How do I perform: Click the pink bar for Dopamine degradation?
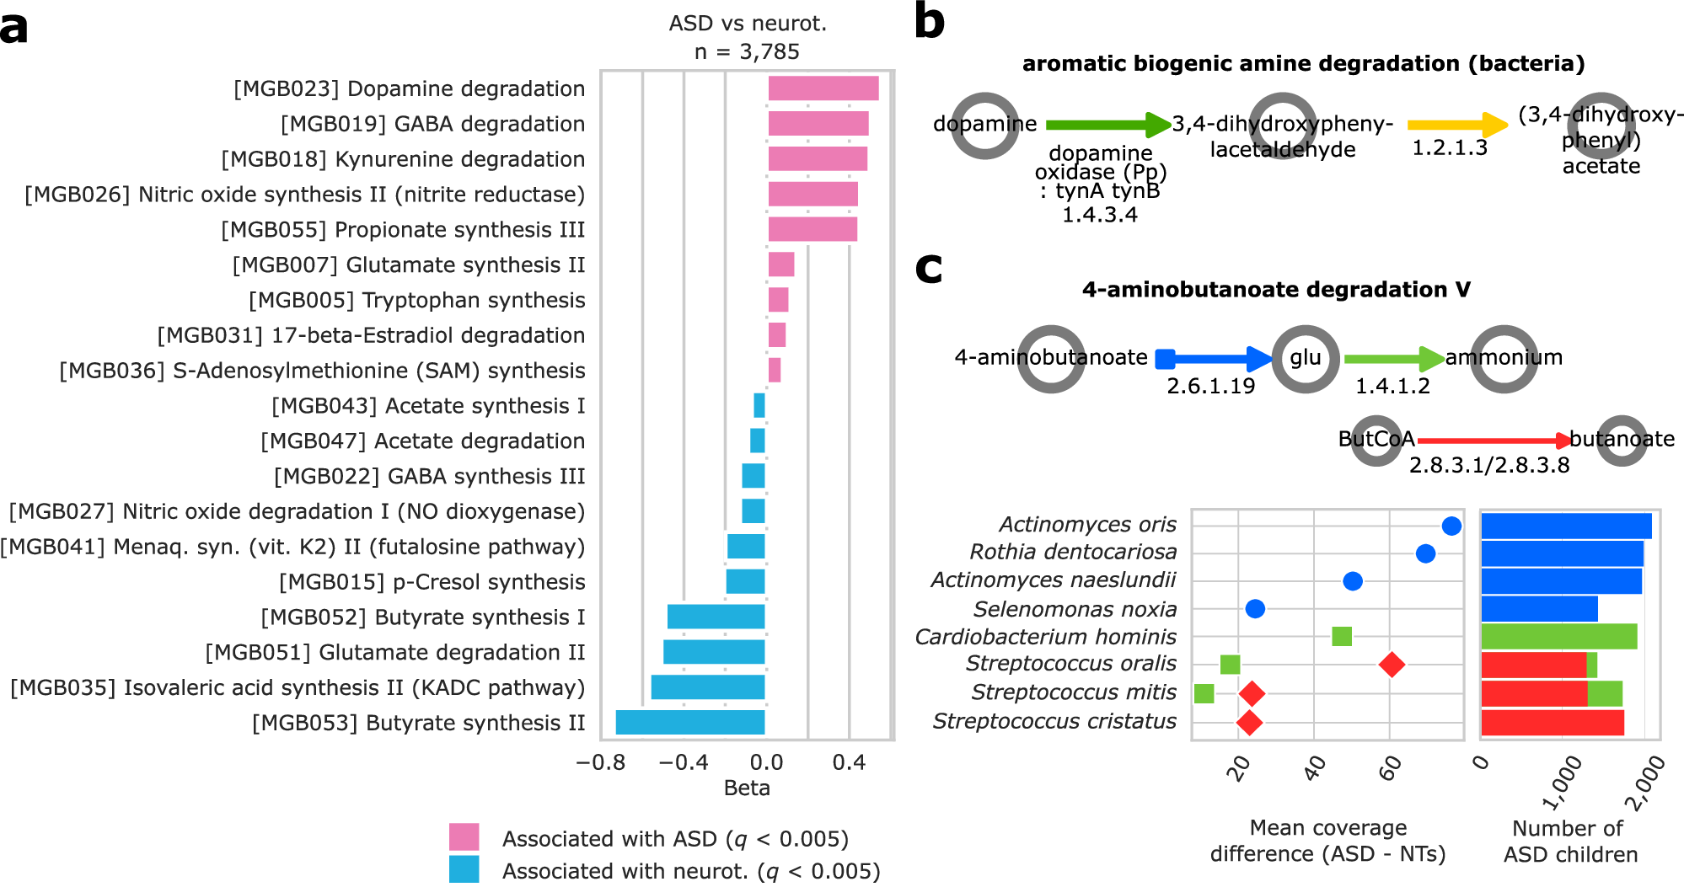click(x=823, y=88)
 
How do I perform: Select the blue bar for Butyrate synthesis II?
click(x=690, y=723)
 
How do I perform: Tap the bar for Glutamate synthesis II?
click(x=780, y=264)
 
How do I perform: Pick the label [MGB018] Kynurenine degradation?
click(x=403, y=159)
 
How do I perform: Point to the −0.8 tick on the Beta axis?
click(x=601, y=763)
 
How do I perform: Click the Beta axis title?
click(x=747, y=788)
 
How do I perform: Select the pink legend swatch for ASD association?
click(x=464, y=837)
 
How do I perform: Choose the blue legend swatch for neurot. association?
click(x=464, y=869)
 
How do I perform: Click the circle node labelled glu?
click(x=1305, y=359)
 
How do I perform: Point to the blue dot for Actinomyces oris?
click(x=1451, y=526)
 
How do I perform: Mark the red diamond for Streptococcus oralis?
click(x=1392, y=665)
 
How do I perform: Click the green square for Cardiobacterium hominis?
click(x=1342, y=636)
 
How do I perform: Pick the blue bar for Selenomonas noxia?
click(x=1539, y=608)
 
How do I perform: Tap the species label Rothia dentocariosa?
click(x=1073, y=552)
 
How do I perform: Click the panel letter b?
click(x=929, y=22)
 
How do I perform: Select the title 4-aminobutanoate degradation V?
click(x=1276, y=290)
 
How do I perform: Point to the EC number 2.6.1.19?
click(x=1210, y=387)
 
